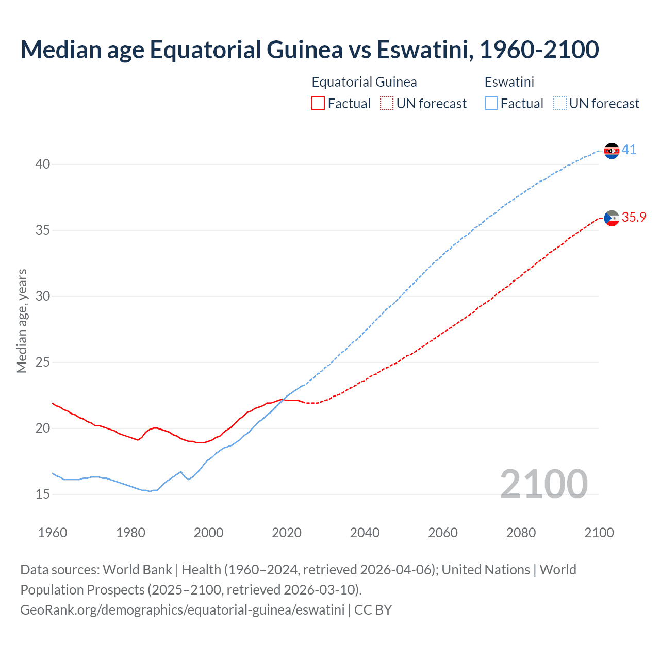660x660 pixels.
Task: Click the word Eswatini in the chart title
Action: [x=421, y=49]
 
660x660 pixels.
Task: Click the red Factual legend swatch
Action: [x=318, y=104]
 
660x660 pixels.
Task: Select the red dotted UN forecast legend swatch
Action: [x=387, y=104]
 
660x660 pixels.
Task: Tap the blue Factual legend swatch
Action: [x=491, y=104]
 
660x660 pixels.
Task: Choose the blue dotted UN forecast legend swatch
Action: [x=560, y=104]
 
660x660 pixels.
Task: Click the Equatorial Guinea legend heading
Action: [x=364, y=82]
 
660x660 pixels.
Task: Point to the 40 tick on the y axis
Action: [x=43, y=164]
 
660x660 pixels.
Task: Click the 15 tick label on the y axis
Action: [x=43, y=494]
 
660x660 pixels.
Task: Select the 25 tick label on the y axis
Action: [x=43, y=362]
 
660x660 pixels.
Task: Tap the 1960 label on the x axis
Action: [x=53, y=533]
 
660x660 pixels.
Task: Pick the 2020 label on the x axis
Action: [x=287, y=533]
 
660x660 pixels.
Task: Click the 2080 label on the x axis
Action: [x=521, y=533]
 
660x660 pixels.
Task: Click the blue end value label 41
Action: [x=629, y=150]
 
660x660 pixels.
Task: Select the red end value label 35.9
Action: [x=634, y=218]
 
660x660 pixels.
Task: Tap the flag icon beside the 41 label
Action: [x=612, y=151]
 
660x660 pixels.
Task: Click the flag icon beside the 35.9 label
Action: [x=612, y=219]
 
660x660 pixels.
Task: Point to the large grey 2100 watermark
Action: [x=543, y=484]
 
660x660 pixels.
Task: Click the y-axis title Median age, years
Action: [x=22, y=321]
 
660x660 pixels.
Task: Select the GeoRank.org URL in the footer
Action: [x=182, y=610]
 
